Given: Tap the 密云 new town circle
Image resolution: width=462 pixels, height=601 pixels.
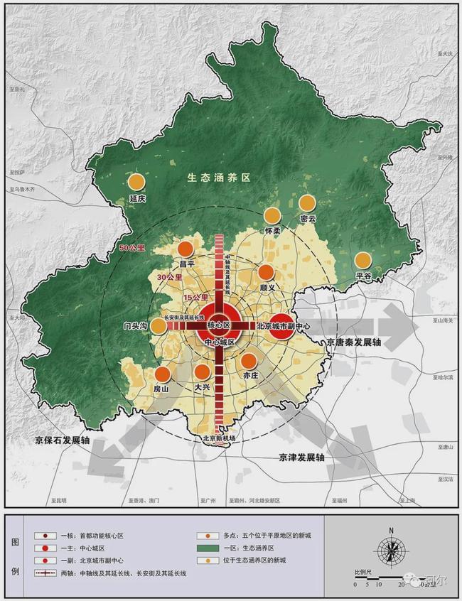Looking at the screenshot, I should pyautogui.click(x=307, y=203).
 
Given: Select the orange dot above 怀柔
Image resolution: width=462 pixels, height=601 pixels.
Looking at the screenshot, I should pyautogui.click(x=272, y=215).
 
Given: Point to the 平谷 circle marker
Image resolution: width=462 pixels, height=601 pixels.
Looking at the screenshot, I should pyautogui.click(x=363, y=260).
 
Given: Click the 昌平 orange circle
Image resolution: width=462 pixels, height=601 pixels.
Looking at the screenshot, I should pyautogui.click(x=186, y=249).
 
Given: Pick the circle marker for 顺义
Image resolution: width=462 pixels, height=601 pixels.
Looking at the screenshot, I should pyautogui.click(x=267, y=272).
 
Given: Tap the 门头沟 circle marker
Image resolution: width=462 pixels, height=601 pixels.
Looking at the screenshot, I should pyautogui.click(x=159, y=325).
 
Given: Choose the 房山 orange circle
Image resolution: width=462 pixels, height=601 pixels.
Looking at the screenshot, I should pyautogui.click(x=163, y=374).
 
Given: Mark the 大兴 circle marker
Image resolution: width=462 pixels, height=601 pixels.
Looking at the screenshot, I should pyautogui.click(x=203, y=372).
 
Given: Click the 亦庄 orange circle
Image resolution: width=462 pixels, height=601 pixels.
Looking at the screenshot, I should pyautogui.click(x=248, y=360).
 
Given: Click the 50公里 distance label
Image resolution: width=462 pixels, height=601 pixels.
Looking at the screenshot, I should pyautogui.click(x=132, y=249).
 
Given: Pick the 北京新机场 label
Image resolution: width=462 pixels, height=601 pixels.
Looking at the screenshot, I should pyautogui.click(x=218, y=438).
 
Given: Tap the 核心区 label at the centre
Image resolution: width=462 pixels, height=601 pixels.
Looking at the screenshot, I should pyautogui.click(x=219, y=325).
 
